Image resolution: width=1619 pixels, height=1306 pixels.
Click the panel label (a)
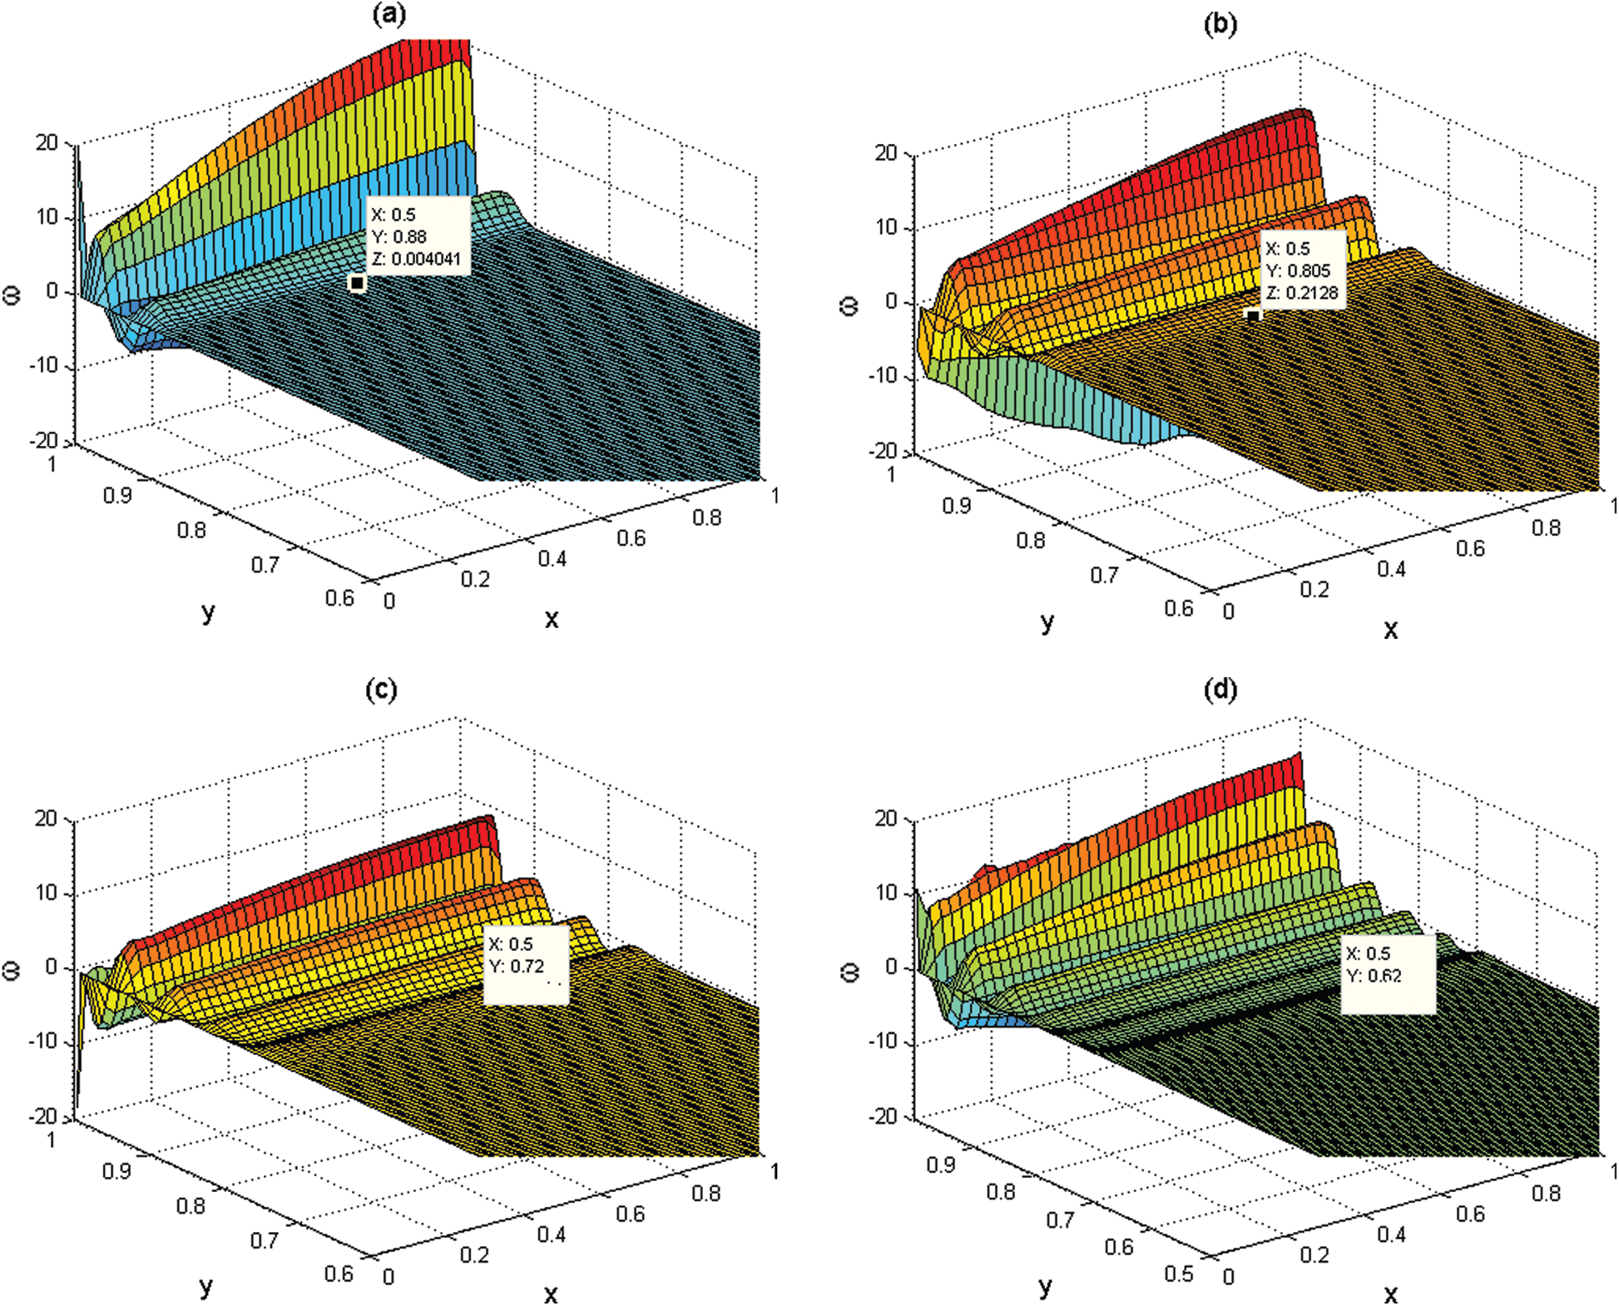pos(389,14)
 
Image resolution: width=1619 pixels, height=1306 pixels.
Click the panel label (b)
pos(1220,24)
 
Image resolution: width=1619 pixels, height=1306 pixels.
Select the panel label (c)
pos(381,690)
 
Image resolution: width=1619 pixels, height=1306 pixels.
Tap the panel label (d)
pos(1220,690)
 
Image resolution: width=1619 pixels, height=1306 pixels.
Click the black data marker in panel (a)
pos(357,284)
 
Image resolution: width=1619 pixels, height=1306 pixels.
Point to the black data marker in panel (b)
pos(1253,316)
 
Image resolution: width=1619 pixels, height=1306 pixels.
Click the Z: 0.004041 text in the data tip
pos(416,259)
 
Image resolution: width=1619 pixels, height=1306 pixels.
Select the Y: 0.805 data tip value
pos(1298,270)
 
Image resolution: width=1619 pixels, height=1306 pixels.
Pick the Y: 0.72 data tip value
pos(516,966)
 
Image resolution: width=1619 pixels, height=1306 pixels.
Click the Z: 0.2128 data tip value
pos(1302,293)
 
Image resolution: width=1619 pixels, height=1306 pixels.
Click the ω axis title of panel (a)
pos(12,294)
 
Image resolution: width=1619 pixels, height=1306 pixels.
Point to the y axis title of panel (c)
pos(206,1288)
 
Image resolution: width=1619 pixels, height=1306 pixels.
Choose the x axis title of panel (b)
pos(1390,630)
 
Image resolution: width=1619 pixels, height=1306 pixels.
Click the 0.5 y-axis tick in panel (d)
pos(1178,1274)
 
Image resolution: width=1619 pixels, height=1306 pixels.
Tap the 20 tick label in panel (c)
pos(46,819)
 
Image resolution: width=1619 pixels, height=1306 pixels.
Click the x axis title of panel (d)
pos(1390,1294)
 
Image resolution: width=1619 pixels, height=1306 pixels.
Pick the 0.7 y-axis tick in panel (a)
pos(265,565)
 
